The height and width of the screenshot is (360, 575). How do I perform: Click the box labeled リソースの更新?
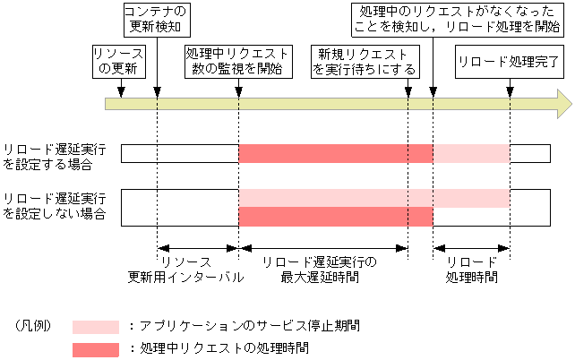pos(117,62)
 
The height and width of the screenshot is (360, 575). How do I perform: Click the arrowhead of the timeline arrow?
pos(562,104)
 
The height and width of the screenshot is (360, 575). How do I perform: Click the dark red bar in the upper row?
pos(336,153)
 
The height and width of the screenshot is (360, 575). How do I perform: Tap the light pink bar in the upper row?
pos(471,153)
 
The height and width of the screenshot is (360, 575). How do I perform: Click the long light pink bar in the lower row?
pos(374,197)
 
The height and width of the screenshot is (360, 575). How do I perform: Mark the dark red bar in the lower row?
pos(336,217)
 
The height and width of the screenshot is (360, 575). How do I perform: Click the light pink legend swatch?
pos(95,326)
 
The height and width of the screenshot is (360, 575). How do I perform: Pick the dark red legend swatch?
pos(95,348)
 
